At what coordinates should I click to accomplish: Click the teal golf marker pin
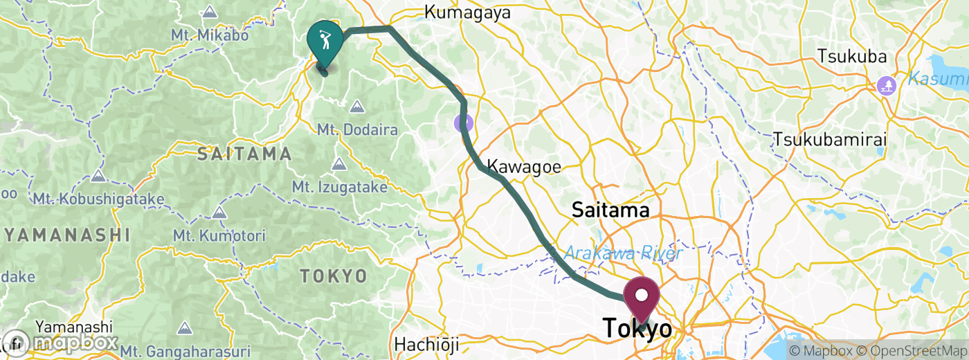(325, 39)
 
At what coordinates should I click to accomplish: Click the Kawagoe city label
(524, 166)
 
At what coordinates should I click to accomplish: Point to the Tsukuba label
(849, 55)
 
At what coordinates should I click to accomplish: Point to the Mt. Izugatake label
(338, 187)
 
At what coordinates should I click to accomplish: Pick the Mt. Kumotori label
(220, 235)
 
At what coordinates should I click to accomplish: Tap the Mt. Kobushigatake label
(99, 199)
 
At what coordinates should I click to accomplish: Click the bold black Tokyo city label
(638, 330)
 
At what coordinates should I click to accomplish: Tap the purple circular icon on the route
(464, 124)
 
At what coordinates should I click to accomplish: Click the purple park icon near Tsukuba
(886, 86)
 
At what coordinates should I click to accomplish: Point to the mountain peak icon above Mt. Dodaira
(356, 107)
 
